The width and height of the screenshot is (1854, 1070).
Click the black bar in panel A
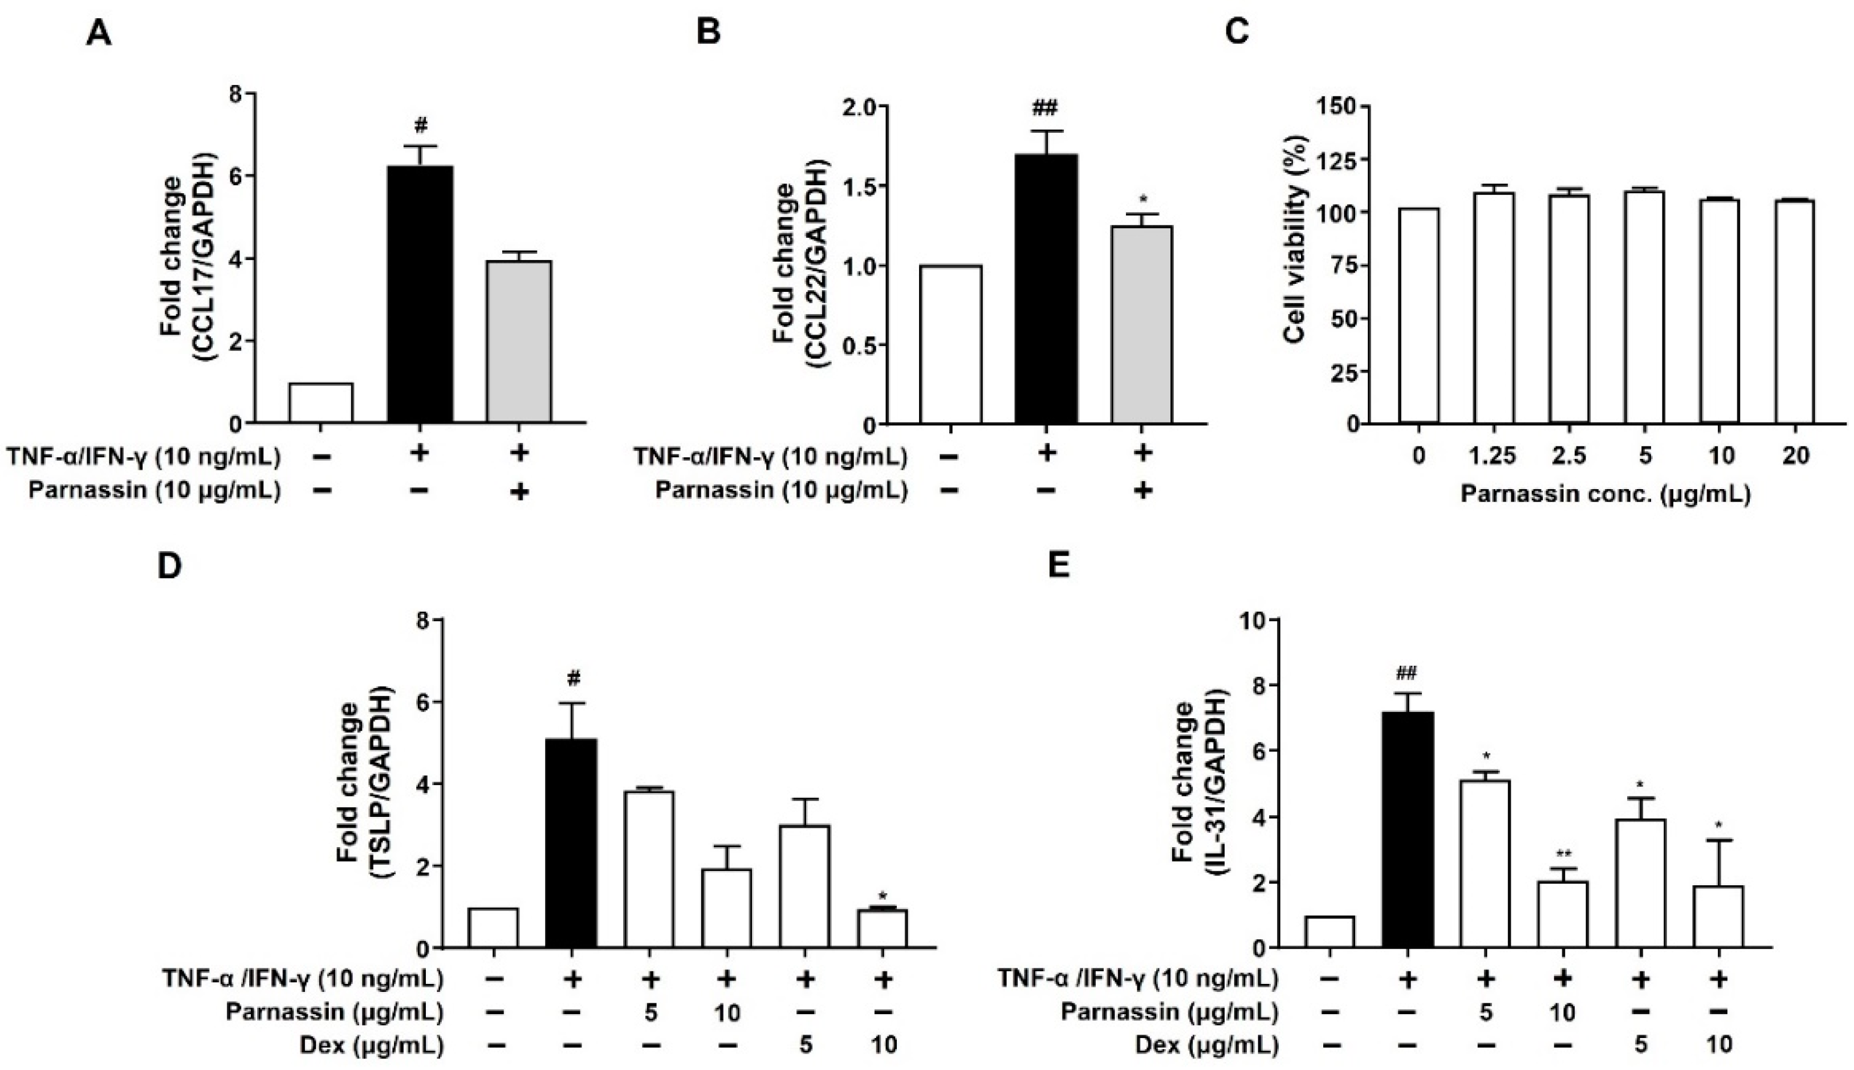(x=420, y=294)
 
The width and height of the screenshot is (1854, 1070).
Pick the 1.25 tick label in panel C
(x=1493, y=457)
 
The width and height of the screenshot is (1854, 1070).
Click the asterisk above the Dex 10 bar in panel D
(x=883, y=895)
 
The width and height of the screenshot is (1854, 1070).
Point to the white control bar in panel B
(x=950, y=345)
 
